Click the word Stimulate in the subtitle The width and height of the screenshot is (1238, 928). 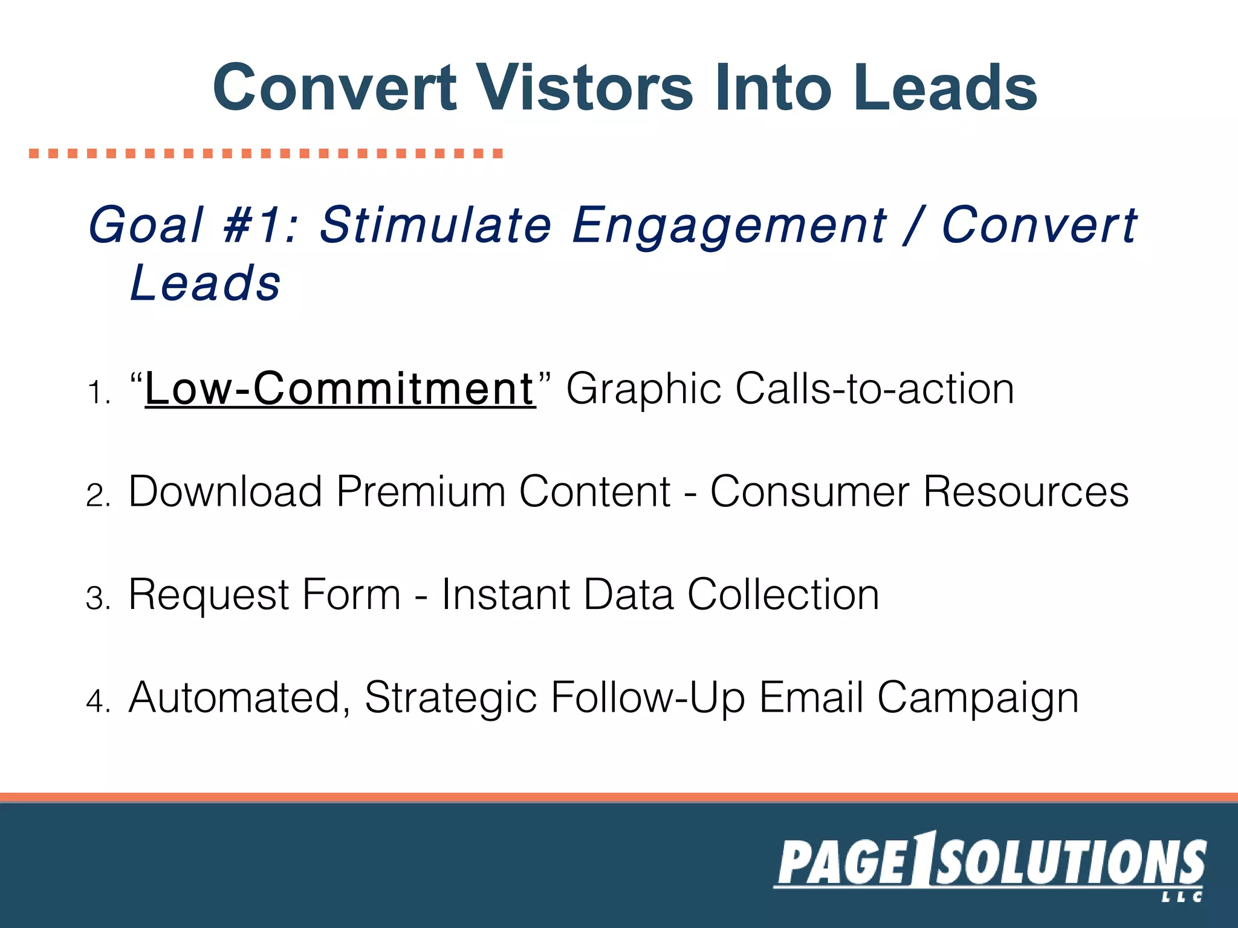tap(435, 225)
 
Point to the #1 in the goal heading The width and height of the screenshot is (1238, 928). tap(253, 225)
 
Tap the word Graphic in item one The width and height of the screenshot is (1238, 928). tap(642, 390)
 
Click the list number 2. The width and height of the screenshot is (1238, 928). tap(97, 495)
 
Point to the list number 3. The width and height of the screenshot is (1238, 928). tap(97, 599)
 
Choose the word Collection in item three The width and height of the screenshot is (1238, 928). tap(783, 594)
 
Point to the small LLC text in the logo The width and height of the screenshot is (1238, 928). tap(1181, 897)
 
